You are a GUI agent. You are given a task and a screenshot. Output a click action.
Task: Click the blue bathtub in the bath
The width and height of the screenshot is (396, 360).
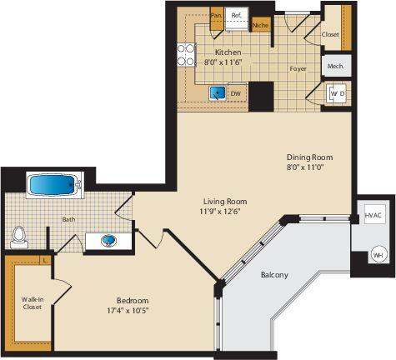pyautogui.click(x=53, y=185)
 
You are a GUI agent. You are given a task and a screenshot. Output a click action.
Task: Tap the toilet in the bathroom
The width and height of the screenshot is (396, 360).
pyautogui.click(x=19, y=237)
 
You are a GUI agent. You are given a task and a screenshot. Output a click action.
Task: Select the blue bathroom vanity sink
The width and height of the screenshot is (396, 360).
pyautogui.click(x=108, y=241)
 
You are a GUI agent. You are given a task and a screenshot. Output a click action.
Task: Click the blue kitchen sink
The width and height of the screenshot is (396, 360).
pyautogui.click(x=218, y=93)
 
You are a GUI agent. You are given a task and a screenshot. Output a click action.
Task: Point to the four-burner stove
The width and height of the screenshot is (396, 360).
pyautogui.click(x=186, y=55)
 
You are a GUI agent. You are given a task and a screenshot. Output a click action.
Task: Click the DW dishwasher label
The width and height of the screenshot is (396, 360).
pyautogui.click(x=235, y=94)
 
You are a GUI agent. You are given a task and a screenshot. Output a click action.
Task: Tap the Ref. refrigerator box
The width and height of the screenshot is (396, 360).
pyautogui.click(x=236, y=18)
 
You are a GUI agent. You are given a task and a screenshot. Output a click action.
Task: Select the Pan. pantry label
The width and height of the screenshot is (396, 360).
pyautogui.click(x=216, y=16)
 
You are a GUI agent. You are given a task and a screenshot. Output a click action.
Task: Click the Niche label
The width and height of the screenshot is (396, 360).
pyautogui.click(x=261, y=25)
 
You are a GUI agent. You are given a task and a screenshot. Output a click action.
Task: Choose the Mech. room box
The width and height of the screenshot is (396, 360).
pyautogui.click(x=336, y=66)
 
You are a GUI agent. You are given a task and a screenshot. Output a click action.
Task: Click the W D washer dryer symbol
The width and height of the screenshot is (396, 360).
pyautogui.click(x=338, y=93)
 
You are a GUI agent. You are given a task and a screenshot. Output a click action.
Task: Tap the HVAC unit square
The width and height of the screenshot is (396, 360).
pyautogui.click(x=375, y=214)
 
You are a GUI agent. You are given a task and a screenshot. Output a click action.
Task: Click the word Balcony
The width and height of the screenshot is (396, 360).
pyautogui.click(x=274, y=275)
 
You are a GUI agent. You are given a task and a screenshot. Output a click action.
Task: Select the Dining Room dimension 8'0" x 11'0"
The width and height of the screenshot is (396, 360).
pyautogui.click(x=306, y=167)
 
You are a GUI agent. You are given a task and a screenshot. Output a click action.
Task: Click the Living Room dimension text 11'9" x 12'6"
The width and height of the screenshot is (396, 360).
pyautogui.click(x=220, y=212)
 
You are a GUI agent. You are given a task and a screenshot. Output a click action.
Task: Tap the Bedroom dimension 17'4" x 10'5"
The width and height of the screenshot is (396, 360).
pyautogui.click(x=128, y=311)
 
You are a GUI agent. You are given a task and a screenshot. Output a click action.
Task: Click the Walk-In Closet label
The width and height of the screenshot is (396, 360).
pyautogui.click(x=33, y=303)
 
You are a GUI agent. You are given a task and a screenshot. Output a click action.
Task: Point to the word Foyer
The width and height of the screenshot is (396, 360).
pyautogui.click(x=298, y=69)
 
